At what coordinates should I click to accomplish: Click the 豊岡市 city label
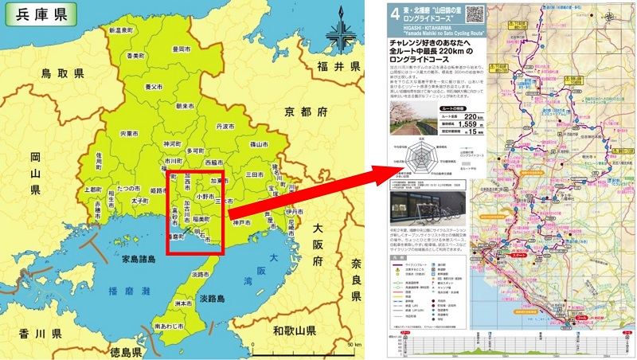coord(182,49)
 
